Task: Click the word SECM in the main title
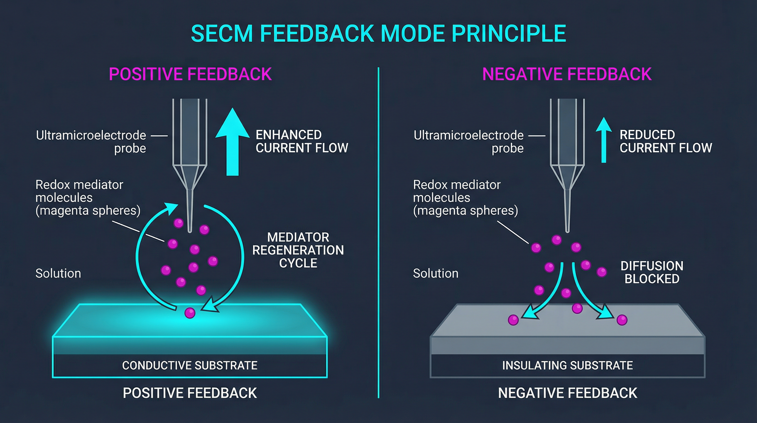[222, 34]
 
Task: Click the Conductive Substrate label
[190, 365]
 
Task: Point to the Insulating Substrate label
[567, 365]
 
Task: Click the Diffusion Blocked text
[652, 272]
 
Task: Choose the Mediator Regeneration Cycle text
[298, 250]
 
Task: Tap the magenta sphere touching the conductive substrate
[190, 313]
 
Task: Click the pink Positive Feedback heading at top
[190, 74]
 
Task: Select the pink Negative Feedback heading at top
[567, 74]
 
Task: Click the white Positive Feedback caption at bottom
[190, 393]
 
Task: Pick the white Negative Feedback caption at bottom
[567, 393]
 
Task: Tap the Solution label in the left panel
[58, 273]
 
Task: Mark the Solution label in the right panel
[435, 273]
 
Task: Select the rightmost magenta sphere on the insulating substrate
[622, 320]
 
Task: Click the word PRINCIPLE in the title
[509, 34]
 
